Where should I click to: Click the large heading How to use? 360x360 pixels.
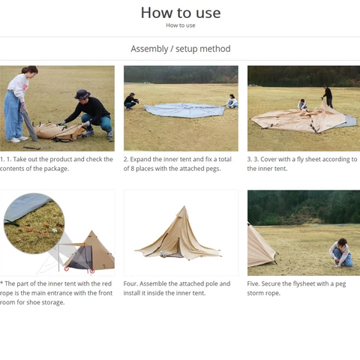pyautogui.click(x=180, y=12)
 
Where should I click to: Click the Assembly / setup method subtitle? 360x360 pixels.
pyautogui.click(x=180, y=49)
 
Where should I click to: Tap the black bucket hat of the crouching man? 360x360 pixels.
pyautogui.click(x=82, y=94)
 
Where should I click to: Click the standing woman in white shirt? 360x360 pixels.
pyautogui.click(x=18, y=101)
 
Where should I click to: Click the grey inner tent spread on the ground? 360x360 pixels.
pyautogui.click(x=183, y=110)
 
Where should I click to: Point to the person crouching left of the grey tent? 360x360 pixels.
pyautogui.click(x=132, y=100)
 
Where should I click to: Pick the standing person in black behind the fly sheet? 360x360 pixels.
pyautogui.click(x=327, y=96)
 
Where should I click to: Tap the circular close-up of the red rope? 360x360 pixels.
pyautogui.click(x=34, y=223)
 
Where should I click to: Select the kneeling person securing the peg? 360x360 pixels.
pyautogui.click(x=342, y=253)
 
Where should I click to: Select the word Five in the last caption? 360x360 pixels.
pyautogui.click(x=255, y=284)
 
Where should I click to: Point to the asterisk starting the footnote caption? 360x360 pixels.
pyautogui.click(x=2, y=284)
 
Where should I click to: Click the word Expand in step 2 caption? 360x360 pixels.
pyautogui.click(x=145, y=159)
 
